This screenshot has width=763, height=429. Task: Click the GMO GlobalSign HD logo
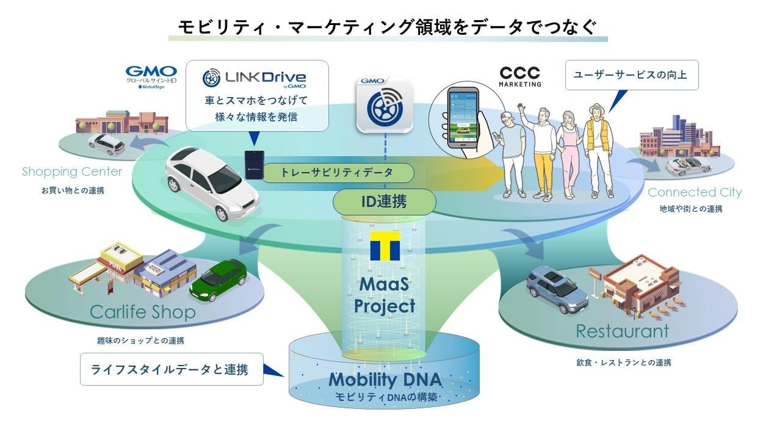click(x=151, y=78)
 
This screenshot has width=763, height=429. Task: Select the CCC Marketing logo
click(x=519, y=76)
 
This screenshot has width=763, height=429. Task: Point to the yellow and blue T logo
click(x=385, y=245)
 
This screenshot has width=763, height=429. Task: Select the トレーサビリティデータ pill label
click(x=337, y=173)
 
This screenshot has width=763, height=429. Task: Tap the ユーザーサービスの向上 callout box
click(x=631, y=75)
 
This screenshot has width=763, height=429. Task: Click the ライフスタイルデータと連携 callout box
click(x=172, y=369)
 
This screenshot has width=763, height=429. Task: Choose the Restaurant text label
click(x=622, y=331)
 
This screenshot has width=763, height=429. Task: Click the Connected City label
click(x=694, y=193)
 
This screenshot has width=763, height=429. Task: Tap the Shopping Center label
click(x=72, y=171)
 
